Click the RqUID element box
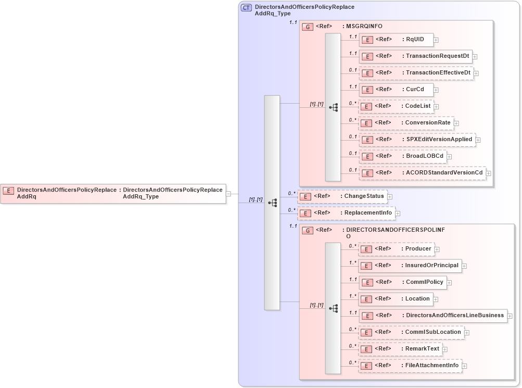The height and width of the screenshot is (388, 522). tap(396, 40)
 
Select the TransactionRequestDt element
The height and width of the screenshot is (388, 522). tap(415, 56)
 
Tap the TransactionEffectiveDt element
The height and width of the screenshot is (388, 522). tap(416, 73)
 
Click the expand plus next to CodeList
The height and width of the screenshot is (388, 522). tap(438, 107)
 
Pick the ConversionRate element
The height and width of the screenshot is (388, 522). tap(406, 123)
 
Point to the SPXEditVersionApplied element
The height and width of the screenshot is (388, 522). tap(417, 140)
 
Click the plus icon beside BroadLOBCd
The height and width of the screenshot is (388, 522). tap(449, 157)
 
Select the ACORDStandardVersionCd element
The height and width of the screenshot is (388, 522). tap(422, 173)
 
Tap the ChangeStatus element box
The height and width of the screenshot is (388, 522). tap(342, 196)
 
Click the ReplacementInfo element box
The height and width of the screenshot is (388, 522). tap(346, 213)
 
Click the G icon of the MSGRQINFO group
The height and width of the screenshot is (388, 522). tap(308, 27)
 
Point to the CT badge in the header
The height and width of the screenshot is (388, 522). tap(246, 7)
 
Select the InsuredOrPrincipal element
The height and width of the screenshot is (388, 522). tap(409, 266)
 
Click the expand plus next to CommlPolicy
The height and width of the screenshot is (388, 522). tap(449, 283)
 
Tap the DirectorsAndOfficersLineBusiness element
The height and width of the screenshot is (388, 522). tap(432, 316)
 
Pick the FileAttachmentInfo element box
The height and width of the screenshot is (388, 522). tap(410, 366)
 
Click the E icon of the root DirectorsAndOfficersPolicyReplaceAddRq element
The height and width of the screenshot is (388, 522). tap(8, 191)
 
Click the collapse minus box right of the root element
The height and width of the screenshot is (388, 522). tap(228, 194)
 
